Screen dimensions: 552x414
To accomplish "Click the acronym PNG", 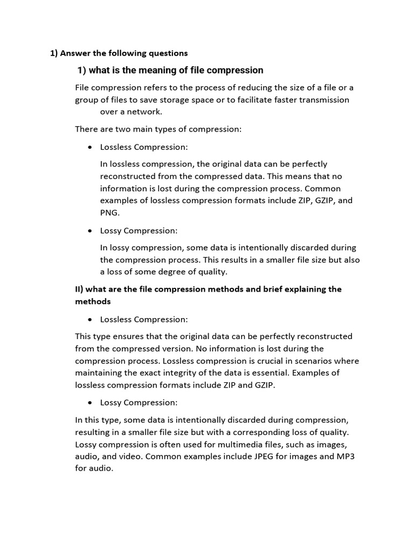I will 109,212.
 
